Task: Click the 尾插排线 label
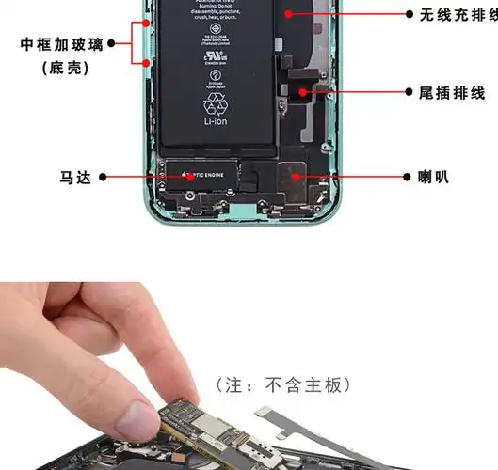(451, 92)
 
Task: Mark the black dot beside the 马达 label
(103, 177)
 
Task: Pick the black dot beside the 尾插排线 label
(409, 92)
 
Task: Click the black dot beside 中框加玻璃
(112, 43)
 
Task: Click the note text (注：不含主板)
(283, 384)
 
